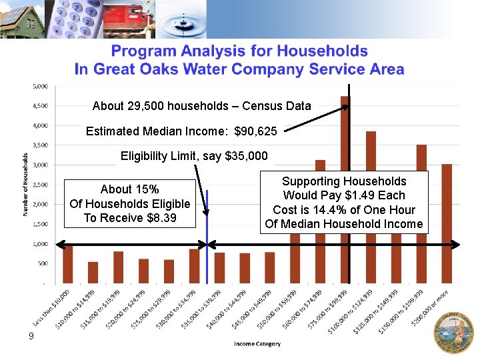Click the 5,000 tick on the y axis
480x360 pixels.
coord(40,86)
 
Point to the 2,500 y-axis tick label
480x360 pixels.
coord(40,185)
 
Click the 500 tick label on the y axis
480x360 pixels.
coord(42,263)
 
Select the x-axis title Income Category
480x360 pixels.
coord(257,344)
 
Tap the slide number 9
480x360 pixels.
coord(31,337)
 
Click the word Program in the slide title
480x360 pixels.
coord(143,51)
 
